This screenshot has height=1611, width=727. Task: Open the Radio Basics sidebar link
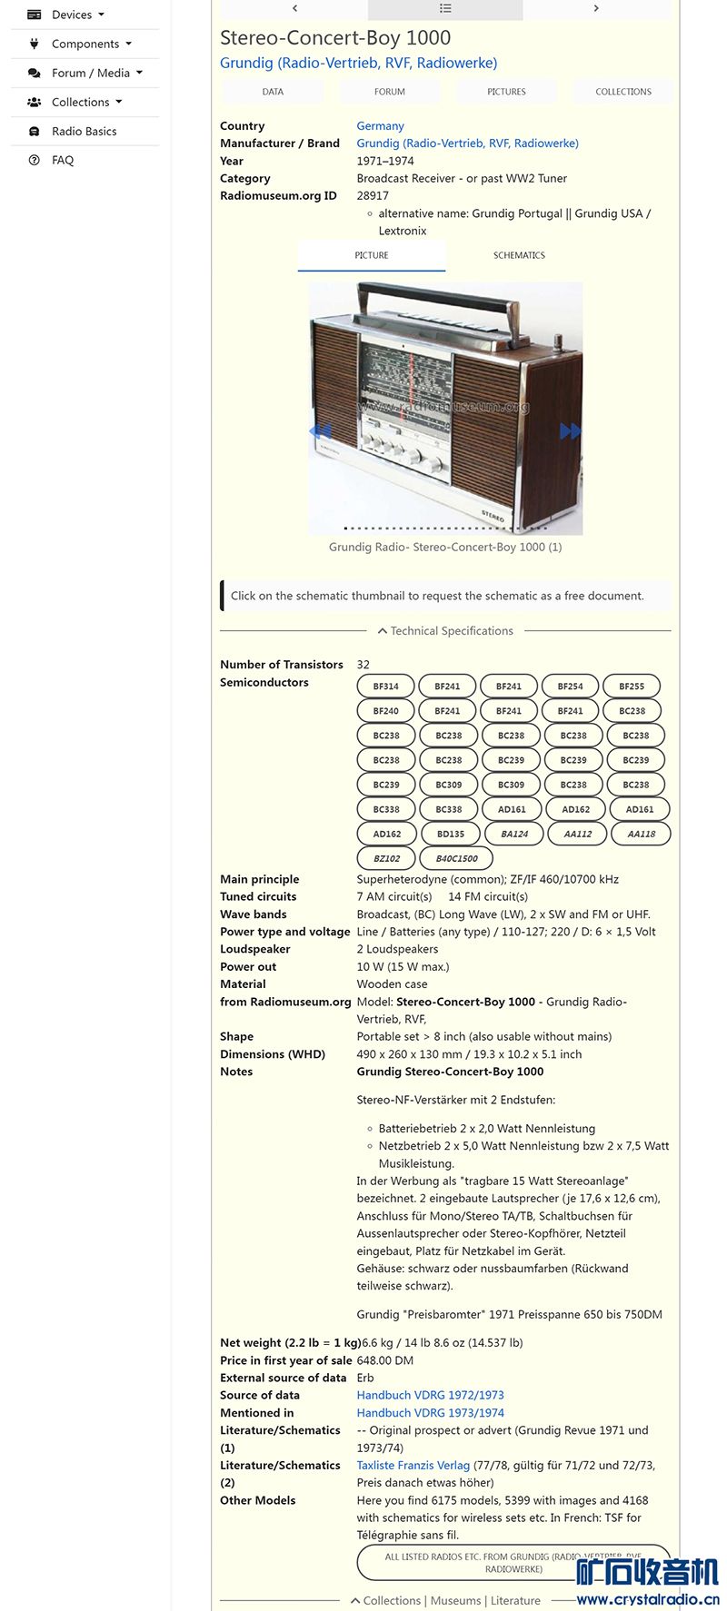tap(84, 131)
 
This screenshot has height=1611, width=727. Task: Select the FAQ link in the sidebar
tap(62, 160)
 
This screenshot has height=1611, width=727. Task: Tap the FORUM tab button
tap(389, 92)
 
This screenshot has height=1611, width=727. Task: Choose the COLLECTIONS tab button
tap(623, 92)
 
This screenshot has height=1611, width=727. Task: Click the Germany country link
tap(380, 126)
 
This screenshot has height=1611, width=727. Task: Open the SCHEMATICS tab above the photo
tap(519, 255)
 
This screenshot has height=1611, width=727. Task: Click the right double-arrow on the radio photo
tap(570, 431)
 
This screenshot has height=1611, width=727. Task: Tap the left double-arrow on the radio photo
tap(320, 431)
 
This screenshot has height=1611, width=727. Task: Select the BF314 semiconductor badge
tap(386, 687)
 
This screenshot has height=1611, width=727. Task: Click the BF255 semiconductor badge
tap(632, 687)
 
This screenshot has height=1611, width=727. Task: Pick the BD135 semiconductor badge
tap(451, 834)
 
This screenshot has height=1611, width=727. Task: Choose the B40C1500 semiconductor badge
tap(456, 858)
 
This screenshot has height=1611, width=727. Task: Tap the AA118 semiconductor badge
tap(641, 834)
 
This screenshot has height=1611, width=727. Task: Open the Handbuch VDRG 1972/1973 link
tap(430, 1395)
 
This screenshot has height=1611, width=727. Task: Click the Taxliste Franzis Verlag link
tap(413, 1465)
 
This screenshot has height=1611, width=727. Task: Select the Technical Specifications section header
tap(445, 631)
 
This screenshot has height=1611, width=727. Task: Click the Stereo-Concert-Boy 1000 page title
tap(335, 38)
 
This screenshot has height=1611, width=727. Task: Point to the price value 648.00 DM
tap(385, 1360)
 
